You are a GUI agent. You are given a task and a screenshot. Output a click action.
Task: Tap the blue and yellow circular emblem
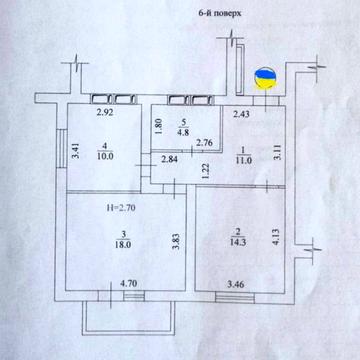point(266,78)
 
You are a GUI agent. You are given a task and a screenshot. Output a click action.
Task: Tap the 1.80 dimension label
point(160,127)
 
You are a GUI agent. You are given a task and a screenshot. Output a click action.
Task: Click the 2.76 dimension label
point(202,143)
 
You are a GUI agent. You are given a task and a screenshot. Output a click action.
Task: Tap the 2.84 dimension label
point(170,160)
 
